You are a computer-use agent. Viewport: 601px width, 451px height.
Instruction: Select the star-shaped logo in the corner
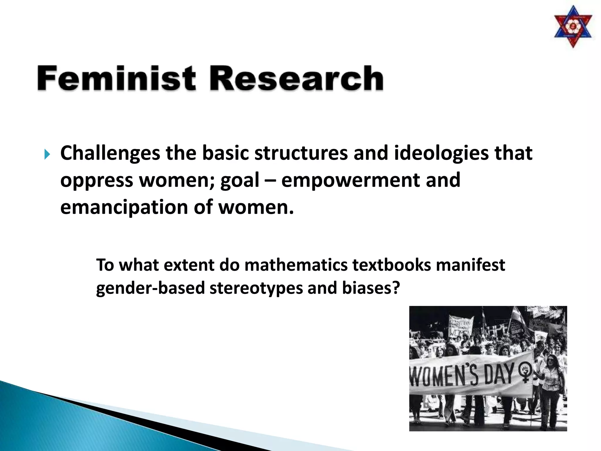pyautogui.click(x=573, y=27)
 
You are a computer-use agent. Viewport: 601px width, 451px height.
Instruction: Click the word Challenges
pyautogui.click(x=110, y=153)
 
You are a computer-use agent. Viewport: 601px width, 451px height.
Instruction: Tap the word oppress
pyautogui.click(x=97, y=180)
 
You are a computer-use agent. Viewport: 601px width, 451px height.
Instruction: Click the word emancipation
pyautogui.click(x=124, y=207)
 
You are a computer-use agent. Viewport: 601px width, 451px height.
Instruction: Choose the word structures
pyautogui.click(x=301, y=153)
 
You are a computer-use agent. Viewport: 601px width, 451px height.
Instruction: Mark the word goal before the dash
pyautogui.click(x=240, y=180)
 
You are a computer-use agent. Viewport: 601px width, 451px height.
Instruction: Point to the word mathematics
pyautogui.click(x=296, y=265)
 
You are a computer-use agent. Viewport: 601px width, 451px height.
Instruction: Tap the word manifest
pyautogui.click(x=470, y=265)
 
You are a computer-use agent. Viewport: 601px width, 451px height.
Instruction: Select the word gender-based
pyautogui.click(x=150, y=288)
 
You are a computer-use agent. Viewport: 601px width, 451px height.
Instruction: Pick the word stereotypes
pyautogui.click(x=256, y=288)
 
